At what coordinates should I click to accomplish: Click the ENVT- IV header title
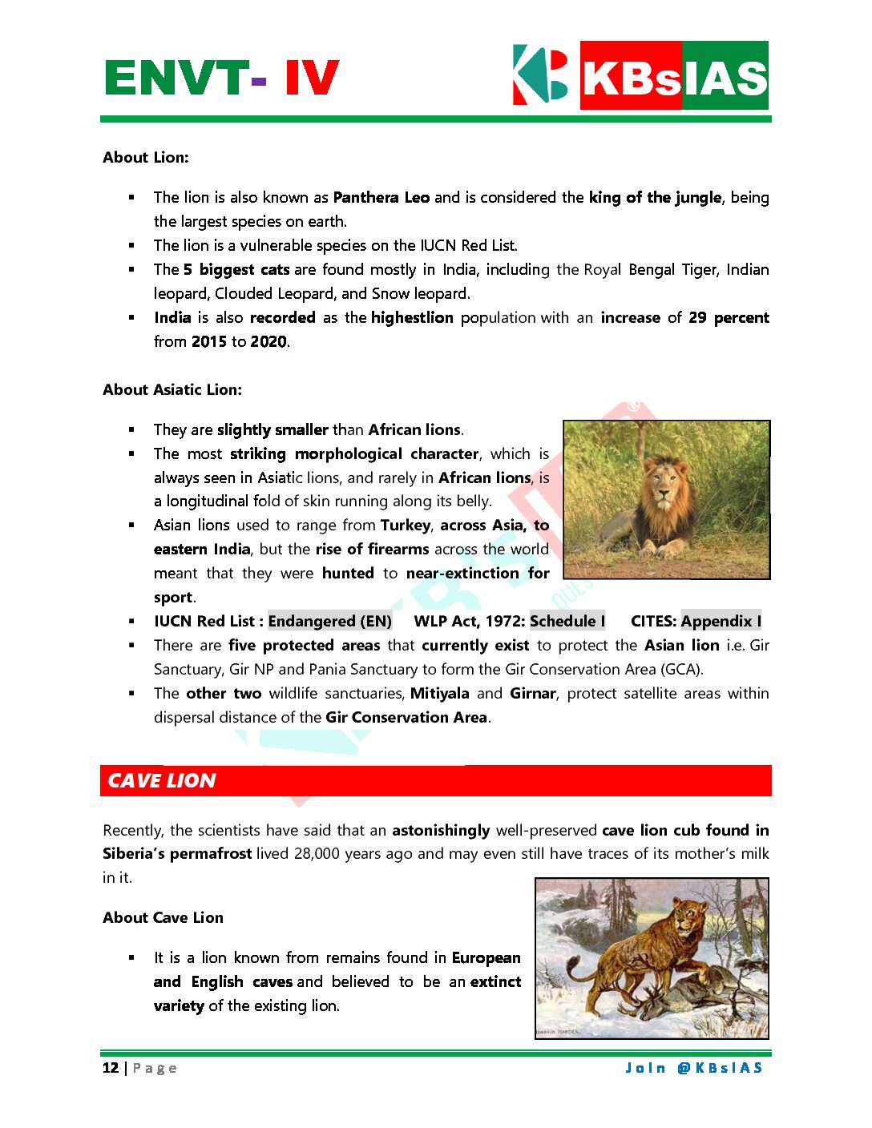[x=222, y=79]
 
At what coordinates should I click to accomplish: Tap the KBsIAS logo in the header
[x=640, y=75]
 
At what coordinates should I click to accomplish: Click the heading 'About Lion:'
[x=146, y=158]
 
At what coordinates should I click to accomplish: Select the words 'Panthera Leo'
[x=381, y=198]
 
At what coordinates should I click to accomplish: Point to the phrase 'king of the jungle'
[x=655, y=198]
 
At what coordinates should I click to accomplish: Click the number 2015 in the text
[x=208, y=342]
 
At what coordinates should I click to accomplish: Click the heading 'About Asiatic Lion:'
[x=172, y=390]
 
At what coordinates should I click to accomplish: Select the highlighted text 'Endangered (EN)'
[x=330, y=622]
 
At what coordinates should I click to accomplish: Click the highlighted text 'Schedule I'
[x=567, y=622]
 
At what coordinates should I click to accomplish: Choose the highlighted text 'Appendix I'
[x=721, y=622]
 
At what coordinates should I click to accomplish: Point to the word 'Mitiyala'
[x=439, y=694]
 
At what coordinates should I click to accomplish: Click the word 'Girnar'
[x=533, y=694]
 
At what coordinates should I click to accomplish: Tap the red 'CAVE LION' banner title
[x=162, y=781]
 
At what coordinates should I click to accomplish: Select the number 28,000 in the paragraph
[x=317, y=854]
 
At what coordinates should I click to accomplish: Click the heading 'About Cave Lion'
[x=163, y=918]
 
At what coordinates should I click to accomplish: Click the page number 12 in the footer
[x=111, y=1068]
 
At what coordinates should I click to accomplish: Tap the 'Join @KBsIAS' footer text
[x=694, y=1068]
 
